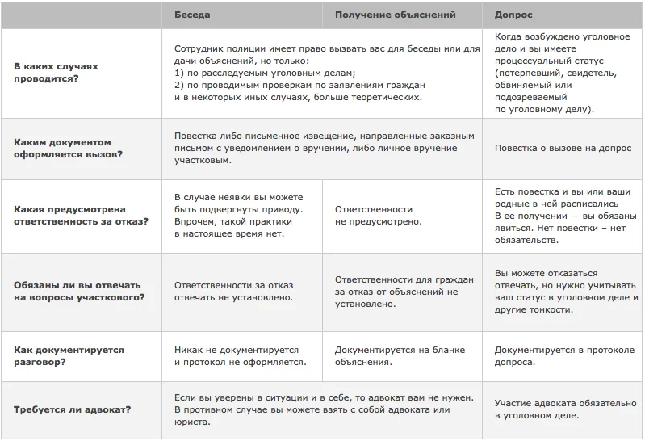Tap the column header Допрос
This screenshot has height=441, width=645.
pos(513,15)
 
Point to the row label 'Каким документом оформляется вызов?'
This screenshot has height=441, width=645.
pos(69,148)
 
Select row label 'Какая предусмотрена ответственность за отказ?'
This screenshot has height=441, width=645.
pos(81,215)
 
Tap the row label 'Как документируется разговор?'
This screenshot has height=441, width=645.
pos(69,356)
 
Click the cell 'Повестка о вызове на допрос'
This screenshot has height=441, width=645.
pos(563,149)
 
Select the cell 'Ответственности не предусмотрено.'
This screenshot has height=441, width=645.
pos(378,215)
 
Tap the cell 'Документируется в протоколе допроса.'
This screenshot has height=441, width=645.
pos(563,356)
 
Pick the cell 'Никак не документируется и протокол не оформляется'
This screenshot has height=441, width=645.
pos(241,356)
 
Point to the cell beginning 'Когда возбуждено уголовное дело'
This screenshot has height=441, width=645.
pos(557,73)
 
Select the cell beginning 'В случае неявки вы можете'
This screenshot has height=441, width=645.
pos(239,215)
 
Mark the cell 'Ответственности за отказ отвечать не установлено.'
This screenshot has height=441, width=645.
pos(234,291)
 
